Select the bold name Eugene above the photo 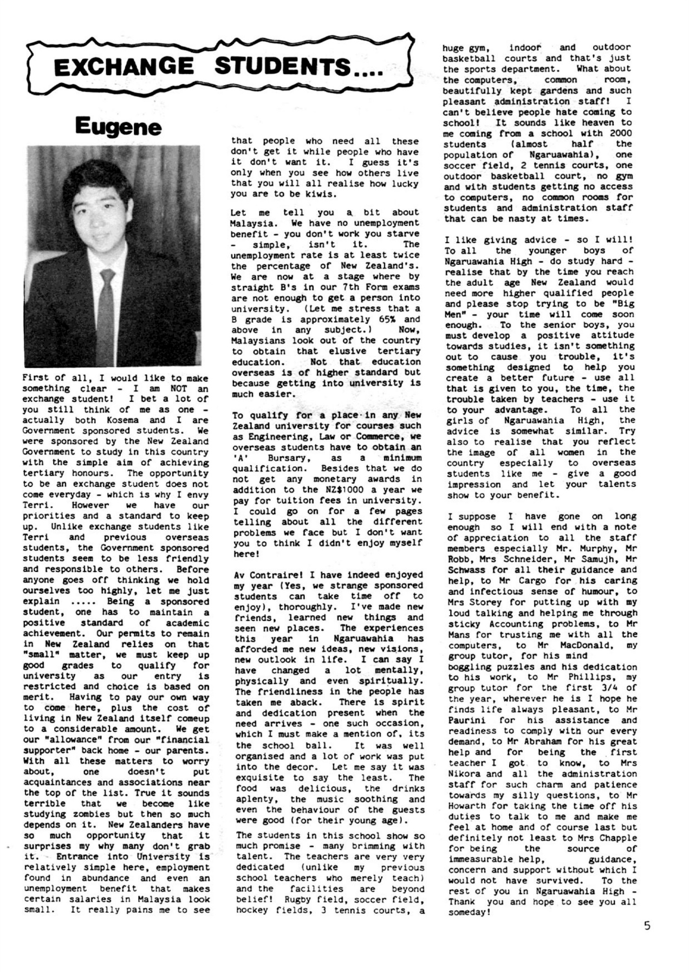point(118,127)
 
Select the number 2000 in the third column point(620,133)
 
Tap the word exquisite point(257,778)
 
